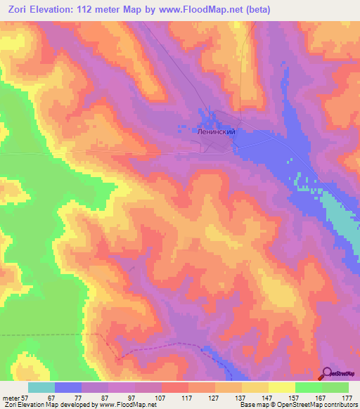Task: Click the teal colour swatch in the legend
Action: [x=41, y=387]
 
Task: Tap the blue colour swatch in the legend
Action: [x=68, y=387]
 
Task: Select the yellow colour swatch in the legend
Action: [x=282, y=387]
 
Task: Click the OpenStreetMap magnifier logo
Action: [x=328, y=374]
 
